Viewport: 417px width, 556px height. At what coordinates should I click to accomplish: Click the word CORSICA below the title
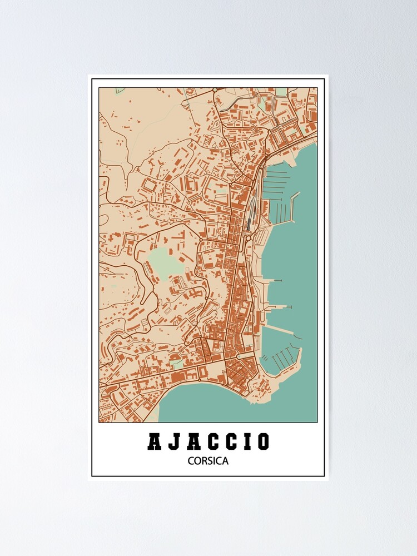(x=208, y=460)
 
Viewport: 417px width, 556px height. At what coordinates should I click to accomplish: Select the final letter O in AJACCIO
(x=263, y=441)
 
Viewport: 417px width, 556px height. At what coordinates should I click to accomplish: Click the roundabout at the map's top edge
(x=215, y=90)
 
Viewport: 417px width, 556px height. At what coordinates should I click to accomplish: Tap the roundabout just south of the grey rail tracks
(x=248, y=238)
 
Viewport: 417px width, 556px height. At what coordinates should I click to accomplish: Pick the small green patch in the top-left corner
(x=120, y=90)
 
